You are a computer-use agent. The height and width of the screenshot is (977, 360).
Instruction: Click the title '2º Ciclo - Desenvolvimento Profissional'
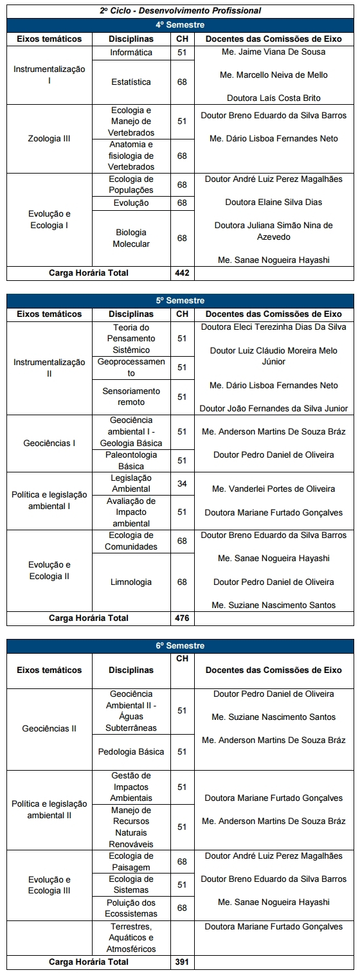coord(180,11)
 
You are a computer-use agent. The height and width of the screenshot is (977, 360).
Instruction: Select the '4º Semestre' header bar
coord(180,24)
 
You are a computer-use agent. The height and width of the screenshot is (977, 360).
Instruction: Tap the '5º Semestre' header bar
coord(180,300)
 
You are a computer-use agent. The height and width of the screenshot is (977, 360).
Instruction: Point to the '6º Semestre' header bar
coord(180,645)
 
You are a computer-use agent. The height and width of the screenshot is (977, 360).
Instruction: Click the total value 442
coord(182,273)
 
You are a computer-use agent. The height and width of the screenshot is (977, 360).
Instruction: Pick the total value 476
coord(182,618)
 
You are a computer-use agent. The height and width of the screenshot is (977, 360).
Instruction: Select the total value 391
coord(182,962)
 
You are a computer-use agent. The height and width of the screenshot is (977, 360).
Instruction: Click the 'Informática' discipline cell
coord(131,52)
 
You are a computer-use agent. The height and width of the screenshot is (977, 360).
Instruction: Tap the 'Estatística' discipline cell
coord(131,82)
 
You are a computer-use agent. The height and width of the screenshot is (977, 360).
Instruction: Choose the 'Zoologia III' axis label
coord(50,138)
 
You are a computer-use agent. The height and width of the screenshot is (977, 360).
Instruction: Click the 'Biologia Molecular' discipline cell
coord(131,238)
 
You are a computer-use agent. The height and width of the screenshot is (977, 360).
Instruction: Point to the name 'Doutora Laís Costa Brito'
coord(273,98)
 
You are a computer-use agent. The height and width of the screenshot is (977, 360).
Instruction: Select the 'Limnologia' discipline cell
coord(131,582)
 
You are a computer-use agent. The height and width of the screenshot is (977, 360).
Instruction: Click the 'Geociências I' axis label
coord(50,443)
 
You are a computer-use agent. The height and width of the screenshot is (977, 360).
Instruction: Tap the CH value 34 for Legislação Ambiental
coord(182,483)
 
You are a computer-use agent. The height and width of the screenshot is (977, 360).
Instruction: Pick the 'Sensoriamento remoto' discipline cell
coord(131,397)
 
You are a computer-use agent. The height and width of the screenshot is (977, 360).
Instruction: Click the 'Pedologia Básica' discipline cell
coord(131,751)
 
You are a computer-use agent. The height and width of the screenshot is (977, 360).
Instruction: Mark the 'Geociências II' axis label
coord(50,729)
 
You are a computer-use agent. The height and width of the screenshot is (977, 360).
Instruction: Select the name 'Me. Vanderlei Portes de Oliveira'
coord(273,489)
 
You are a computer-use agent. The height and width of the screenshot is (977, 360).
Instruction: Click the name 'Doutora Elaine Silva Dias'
coord(273,202)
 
